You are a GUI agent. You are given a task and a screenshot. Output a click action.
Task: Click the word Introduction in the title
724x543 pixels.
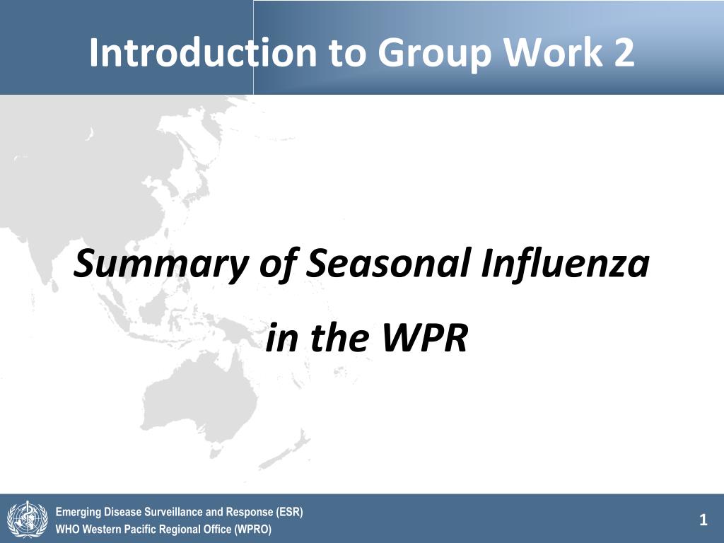[203, 52]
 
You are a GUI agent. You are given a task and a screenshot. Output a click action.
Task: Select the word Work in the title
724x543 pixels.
[554, 52]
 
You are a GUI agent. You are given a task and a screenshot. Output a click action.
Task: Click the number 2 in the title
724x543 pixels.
[624, 52]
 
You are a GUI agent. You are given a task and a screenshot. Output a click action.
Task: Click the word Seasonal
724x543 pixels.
[388, 262]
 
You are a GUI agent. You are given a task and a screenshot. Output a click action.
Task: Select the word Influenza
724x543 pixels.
[565, 262]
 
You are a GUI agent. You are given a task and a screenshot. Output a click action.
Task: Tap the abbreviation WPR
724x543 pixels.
[425, 337]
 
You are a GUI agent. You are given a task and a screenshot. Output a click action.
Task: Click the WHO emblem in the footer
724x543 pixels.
[28, 520]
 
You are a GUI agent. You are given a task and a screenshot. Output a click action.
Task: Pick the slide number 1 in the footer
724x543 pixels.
[703, 520]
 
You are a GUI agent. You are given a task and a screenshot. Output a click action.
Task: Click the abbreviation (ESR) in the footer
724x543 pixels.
[289, 512]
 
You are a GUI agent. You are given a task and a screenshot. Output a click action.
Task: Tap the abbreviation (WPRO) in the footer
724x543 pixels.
[253, 529]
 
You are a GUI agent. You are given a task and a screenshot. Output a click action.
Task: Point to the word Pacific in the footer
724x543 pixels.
[141, 529]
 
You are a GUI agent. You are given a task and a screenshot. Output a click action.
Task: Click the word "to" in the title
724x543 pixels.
[348, 54]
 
